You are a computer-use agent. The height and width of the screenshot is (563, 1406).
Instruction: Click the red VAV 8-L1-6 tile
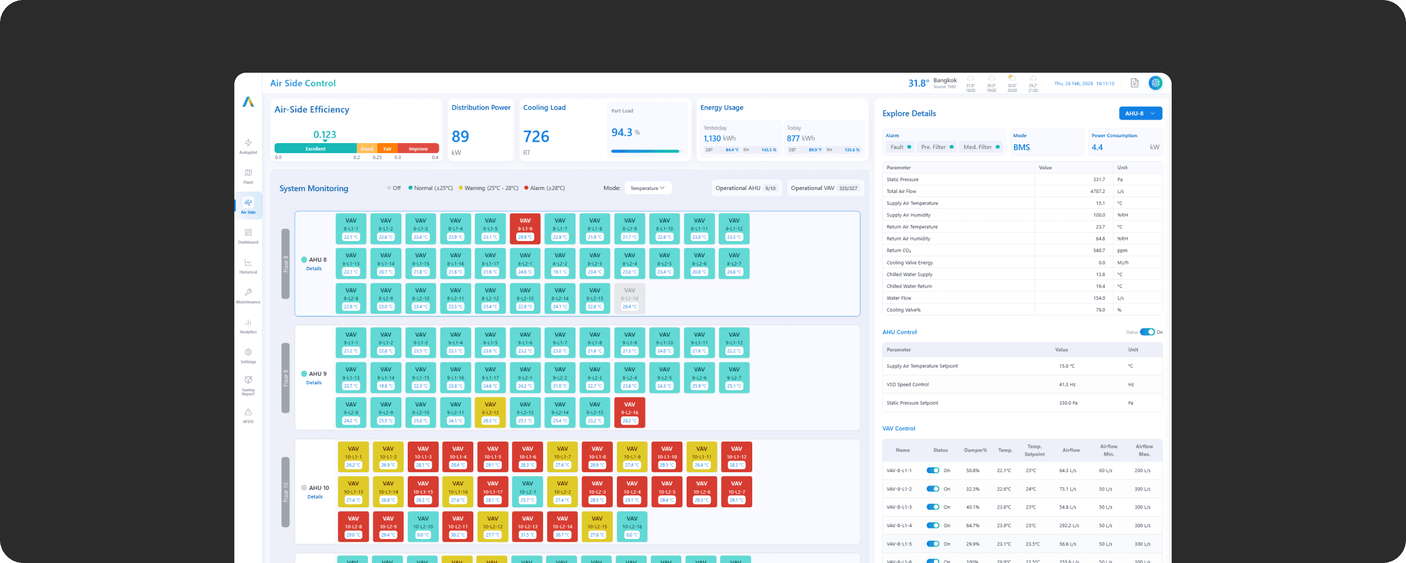(525, 229)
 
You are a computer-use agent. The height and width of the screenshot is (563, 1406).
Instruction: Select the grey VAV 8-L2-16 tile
(629, 298)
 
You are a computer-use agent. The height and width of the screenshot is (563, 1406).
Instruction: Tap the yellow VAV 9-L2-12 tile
(490, 412)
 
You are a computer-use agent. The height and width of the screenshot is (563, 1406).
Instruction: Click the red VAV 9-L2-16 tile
(629, 412)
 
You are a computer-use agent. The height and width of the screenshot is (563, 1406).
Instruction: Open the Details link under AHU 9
(314, 383)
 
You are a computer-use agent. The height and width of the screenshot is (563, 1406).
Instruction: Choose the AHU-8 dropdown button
(1139, 114)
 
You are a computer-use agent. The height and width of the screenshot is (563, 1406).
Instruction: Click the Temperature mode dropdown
(647, 188)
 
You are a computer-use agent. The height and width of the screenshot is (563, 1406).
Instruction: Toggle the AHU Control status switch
(1146, 332)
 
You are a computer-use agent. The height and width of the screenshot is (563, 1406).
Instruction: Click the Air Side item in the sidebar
(248, 206)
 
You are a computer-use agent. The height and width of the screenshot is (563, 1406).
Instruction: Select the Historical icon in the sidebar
(248, 266)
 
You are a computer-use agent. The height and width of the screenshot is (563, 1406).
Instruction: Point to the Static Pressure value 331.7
(1098, 179)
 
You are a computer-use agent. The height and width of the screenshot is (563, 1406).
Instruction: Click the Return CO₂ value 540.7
(1098, 250)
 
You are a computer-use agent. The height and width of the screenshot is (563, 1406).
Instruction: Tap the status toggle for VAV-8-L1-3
(933, 507)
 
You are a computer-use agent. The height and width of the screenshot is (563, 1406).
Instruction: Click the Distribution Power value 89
(460, 137)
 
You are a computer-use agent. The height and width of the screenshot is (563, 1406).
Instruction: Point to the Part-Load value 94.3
(622, 133)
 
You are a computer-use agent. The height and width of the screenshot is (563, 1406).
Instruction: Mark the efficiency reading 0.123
(325, 135)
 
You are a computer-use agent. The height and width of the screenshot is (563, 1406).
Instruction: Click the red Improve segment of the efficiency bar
(418, 149)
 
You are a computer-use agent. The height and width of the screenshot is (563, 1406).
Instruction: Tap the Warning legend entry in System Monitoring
(488, 188)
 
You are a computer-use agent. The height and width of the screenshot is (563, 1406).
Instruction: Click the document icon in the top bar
(1134, 83)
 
